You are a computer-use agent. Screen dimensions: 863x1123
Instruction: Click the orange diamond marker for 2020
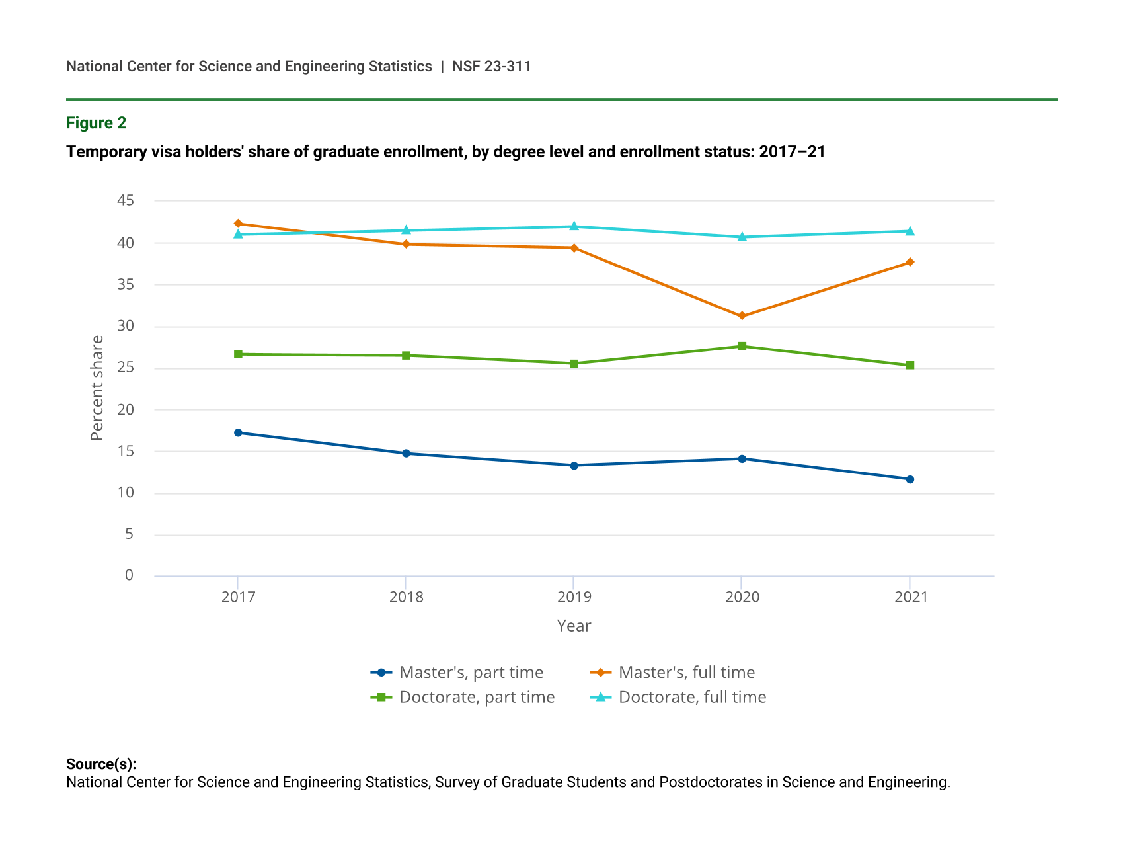click(742, 316)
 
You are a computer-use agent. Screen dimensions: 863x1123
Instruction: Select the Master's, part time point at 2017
click(238, 432)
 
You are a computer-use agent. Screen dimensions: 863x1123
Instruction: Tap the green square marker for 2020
click(742, 346)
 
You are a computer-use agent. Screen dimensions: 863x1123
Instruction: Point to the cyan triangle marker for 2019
click(574, 226)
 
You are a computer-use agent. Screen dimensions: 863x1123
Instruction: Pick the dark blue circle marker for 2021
click(910, 479)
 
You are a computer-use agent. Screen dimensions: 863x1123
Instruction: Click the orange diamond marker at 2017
click(238, 224)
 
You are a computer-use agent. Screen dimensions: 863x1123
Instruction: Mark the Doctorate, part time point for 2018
click(406, 356)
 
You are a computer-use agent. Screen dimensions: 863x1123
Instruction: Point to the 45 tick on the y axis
click(126, 200)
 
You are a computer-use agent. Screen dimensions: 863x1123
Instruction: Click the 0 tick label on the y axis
click(129, 575)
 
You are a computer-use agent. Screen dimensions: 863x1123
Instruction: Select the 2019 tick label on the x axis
click(574, 597)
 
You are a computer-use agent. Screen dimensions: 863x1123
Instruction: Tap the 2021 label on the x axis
click(911, 597)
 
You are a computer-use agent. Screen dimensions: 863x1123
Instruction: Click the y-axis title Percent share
click(97, 388)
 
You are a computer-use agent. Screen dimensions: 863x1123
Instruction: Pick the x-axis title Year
click(574, 626)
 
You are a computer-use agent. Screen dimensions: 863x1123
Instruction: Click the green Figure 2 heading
click(96, 123)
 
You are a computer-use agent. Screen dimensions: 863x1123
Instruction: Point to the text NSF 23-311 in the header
click(492, 66)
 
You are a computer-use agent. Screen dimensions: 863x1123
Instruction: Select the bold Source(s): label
click(101, 764)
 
